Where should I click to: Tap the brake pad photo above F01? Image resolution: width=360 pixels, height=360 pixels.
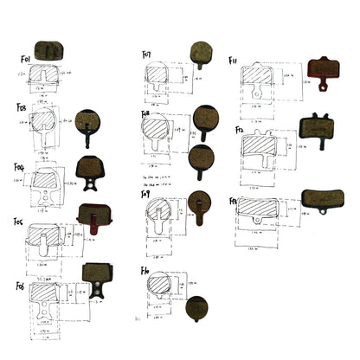pos(49,53)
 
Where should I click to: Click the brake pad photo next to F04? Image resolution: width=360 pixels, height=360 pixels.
pos(89,168)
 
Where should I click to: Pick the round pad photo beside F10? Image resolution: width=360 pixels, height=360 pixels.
pos(196,308)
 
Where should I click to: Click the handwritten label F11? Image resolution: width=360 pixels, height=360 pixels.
pos(233,61)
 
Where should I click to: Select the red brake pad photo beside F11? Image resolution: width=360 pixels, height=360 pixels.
pos(325,70)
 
